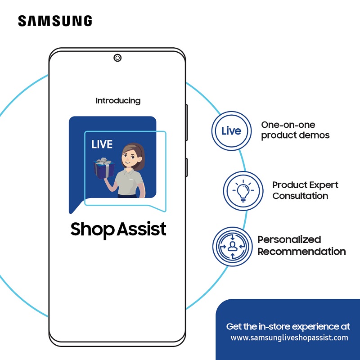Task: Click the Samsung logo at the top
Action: (55, 21)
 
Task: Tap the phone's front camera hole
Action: (117, 58)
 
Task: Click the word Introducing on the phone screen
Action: (118, 101)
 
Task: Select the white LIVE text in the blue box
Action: (102, 145)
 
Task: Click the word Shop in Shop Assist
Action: (93, 230)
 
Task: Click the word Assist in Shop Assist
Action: (142, 229)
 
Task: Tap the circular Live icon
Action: (231, 131)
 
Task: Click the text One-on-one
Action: (288, 125)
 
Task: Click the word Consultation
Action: (300, 196)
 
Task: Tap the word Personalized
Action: (289, 239)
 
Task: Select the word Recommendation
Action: (301, 252)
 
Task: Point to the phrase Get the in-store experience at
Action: (288, 326)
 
